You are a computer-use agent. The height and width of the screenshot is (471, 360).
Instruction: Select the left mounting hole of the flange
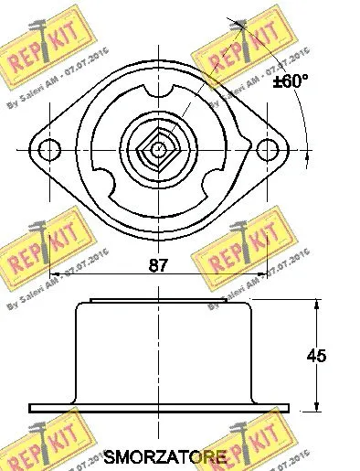click(52, 148)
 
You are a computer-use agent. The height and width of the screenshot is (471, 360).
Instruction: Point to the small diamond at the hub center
click(159, 148)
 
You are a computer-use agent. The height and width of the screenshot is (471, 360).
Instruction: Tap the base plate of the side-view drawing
click(159, 408)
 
